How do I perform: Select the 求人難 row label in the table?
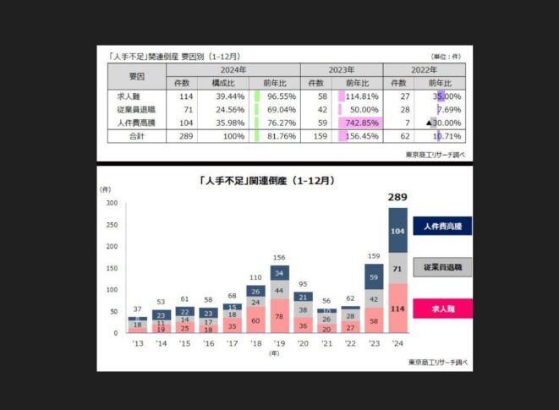[x=129, y=97]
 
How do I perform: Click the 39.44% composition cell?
[x=229, y=97]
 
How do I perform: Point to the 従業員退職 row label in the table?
[x=129, y=109]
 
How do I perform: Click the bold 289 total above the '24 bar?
[x=397, y=197]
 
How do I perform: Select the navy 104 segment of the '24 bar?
[x=397, y=229]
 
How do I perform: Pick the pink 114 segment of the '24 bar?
[x=397, y=309]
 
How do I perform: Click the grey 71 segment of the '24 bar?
[x=397, y=268]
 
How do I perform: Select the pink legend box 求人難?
[x=442, y=309]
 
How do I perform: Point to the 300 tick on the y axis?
[x=112, y=204]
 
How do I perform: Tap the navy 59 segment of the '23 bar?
[x=374, y=276]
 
